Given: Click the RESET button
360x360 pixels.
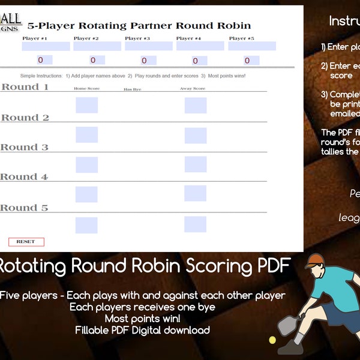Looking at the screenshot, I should click(26, 242).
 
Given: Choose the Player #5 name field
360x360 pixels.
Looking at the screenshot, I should click(252, 46).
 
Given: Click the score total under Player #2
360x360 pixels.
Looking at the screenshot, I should click(93, 60).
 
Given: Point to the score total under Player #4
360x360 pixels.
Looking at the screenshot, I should click(195, 60).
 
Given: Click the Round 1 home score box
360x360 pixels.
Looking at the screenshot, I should click(86, 105).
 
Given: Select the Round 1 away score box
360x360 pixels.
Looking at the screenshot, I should click(195, 105).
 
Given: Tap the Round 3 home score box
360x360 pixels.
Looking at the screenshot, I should click(86, 164).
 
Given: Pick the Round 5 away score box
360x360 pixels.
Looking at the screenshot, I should click(195, 224).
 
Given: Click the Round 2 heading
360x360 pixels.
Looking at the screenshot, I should click(25, 118).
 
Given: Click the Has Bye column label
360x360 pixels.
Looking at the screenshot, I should click(132, 89).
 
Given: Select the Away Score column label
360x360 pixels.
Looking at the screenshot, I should click(193, 89).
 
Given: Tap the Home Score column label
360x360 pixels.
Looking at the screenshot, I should click(86, 89).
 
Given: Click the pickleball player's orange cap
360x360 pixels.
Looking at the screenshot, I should click(316, 260).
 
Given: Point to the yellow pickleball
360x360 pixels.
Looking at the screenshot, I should click(272, 340).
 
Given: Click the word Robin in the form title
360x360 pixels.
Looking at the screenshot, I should click(234, 26).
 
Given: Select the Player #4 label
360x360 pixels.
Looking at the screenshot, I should click(188, 38).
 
